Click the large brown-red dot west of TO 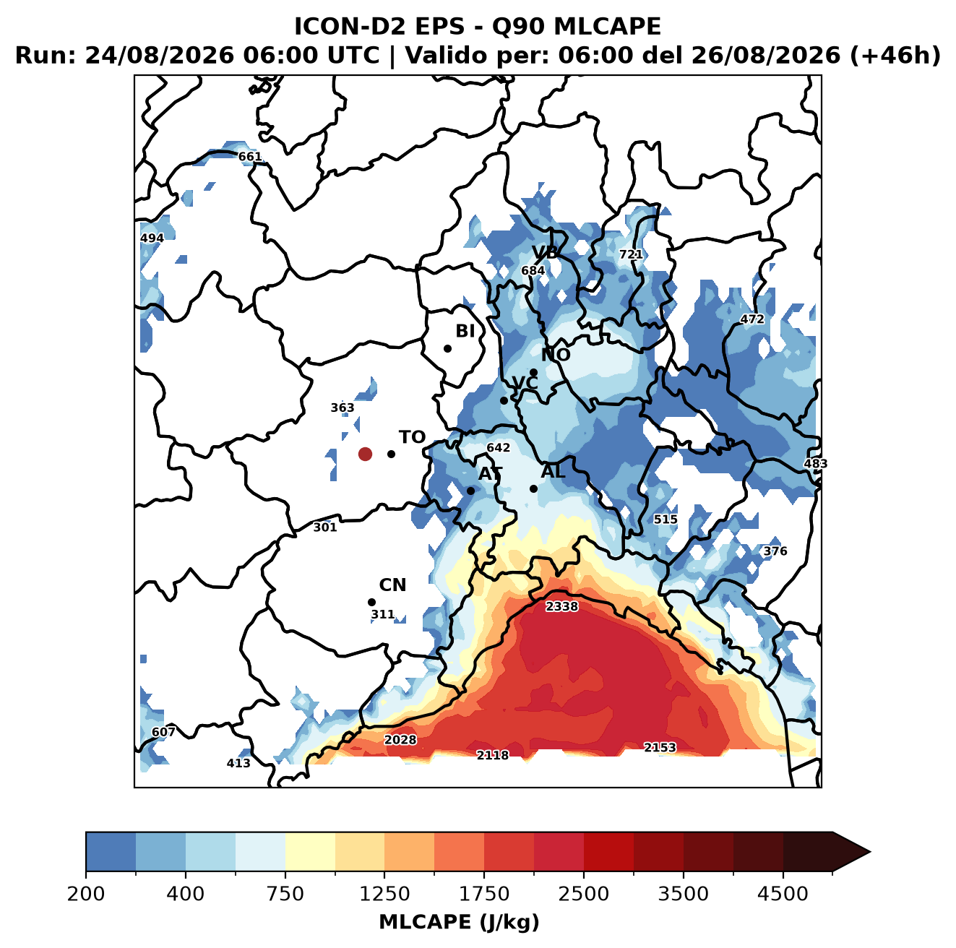pyautogui.click(x=365, y=454)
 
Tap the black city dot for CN pyautogui.click(x=371, y=602)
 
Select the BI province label pyautogui.click(x=465, y=331)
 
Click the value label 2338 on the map pyautogui.click(x=561, y=606)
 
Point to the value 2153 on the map pyautogui.click(x=659, y=747)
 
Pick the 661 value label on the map pyautogui.click(x=249, y=157)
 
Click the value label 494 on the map pyautogui.click(x=152, y=238)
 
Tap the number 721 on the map pyautogui.click(x=631, y=254)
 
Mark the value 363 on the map pyautogui.click(x=343, y=408)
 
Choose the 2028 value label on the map pyautogui.click(x=400, y=740)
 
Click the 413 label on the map pyautogui.click(x=238, y=763)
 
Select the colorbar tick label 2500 pyautogui.click(x=583, y=893)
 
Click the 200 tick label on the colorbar pyautogui.click(x=86, y=893)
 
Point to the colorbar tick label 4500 pyautogui.click(x=783, y=893)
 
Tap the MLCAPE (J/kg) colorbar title pyautogui.click(x=459, y=922)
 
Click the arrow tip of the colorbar pyautogui.click(x=870, y=853)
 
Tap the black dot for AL pyautogui.click(x=533, y=488)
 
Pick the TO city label pyautogui.click(x=413, y=437)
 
